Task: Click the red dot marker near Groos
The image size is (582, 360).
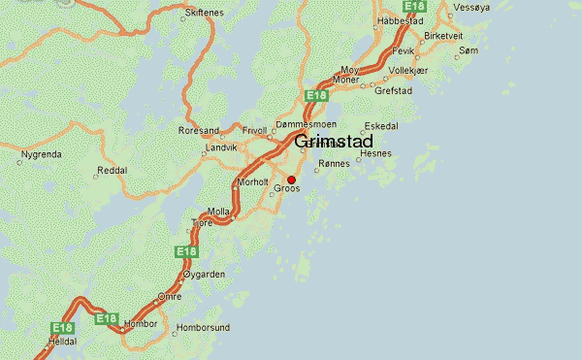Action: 291,179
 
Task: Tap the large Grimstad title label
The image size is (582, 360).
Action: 332,142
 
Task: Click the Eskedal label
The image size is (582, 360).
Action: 380,126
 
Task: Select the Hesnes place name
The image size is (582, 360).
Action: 374,153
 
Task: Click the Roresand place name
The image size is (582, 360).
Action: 199,130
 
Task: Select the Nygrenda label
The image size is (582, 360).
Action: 40,153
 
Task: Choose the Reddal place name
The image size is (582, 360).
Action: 113,169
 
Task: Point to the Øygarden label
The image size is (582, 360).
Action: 205,275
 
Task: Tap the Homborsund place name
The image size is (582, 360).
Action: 203,328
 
